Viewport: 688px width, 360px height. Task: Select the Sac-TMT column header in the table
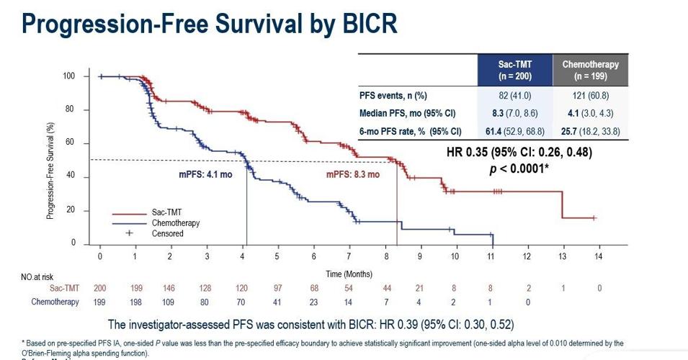514,70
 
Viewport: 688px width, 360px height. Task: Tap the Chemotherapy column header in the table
590,70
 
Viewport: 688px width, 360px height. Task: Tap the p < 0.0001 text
519,168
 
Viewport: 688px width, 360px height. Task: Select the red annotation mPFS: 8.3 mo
353,174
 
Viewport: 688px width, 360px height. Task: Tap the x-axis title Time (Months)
349,274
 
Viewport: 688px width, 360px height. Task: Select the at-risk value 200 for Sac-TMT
100,288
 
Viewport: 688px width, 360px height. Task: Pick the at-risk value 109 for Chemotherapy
171,302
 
